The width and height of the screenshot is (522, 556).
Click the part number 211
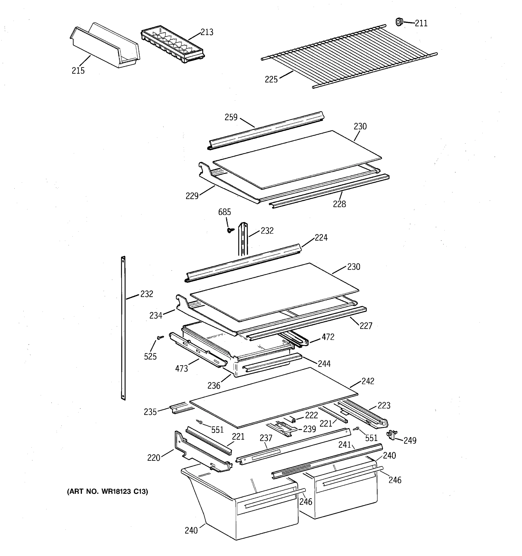tap(421, 23)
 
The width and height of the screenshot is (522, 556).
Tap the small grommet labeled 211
tap(399, 22)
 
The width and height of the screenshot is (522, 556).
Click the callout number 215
tap(78, 71)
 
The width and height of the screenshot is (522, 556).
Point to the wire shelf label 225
tap(271, 80)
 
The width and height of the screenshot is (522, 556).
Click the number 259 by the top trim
tap(231, 117)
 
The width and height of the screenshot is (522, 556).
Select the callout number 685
tap(225, 212)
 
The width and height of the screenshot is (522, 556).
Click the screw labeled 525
tap(160, 338)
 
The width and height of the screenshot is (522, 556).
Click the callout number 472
tap(328, 337)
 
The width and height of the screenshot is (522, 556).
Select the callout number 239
tap(309, 429)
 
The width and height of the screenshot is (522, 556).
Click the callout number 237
tap(266, 438)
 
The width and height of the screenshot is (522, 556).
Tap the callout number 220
tap(153, 458)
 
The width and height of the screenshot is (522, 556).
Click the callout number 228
tap(339, 204)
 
